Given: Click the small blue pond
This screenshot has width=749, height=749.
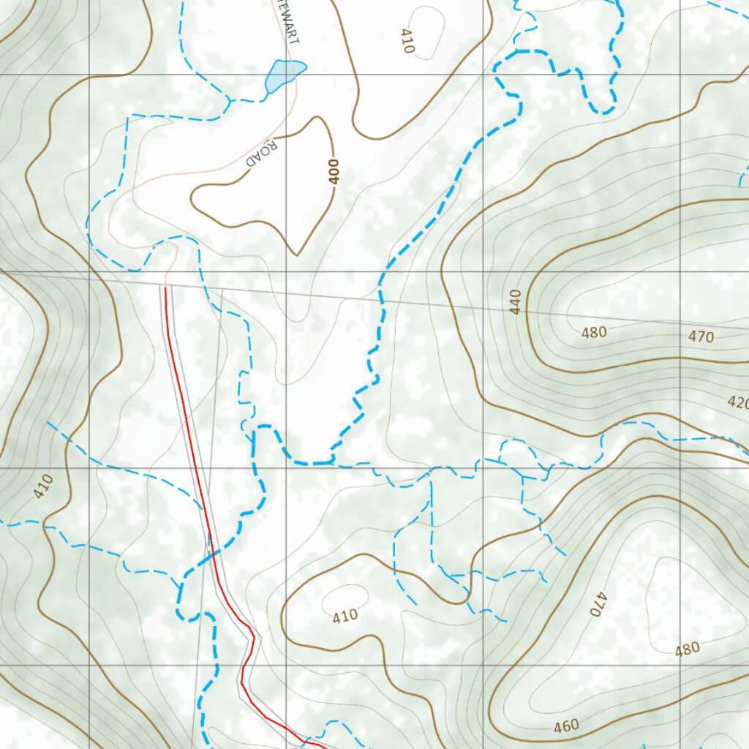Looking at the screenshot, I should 284,75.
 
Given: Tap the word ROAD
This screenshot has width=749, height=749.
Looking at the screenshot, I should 262,154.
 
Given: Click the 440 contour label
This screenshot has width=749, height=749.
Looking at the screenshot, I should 515,301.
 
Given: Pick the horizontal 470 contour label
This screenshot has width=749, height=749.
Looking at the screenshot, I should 701,337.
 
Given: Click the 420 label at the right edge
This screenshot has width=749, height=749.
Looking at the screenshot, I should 737,402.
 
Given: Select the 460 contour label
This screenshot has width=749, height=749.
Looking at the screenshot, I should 566,726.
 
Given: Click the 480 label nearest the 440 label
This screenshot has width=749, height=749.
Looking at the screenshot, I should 594,333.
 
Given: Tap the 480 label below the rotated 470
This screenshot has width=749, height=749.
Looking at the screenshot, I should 687,649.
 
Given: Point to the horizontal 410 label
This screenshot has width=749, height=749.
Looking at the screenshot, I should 345,616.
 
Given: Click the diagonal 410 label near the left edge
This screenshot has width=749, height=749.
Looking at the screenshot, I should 43,486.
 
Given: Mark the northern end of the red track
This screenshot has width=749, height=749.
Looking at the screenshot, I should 165,288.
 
